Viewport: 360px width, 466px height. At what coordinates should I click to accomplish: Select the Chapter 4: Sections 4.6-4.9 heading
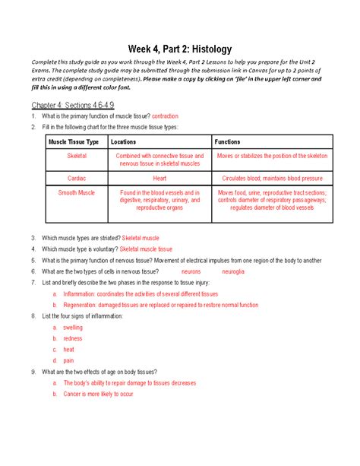pos(65,103)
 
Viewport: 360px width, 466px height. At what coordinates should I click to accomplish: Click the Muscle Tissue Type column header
pos(74,141)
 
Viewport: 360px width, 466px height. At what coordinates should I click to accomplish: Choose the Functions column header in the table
pos(228,141)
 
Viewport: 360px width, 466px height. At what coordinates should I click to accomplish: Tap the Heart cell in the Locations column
pos(159,177)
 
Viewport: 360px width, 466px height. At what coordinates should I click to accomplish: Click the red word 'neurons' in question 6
pos(191,271)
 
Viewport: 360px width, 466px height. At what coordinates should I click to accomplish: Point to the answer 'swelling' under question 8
pos(73,328)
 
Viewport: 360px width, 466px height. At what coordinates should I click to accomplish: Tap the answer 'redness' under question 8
pos(73,338)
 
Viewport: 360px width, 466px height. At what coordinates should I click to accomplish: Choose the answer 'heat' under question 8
pos(68,350)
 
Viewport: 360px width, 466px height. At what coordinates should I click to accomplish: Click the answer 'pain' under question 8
pos(68,360)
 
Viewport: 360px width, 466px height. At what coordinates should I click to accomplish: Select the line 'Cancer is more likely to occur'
pos(98,394)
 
